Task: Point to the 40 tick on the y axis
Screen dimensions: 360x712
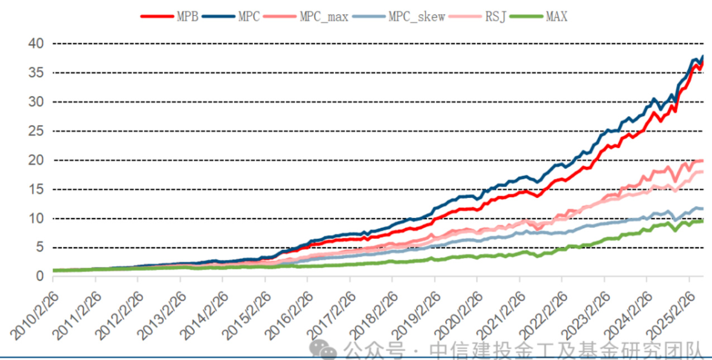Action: pyautogui.click(x=35, y=44)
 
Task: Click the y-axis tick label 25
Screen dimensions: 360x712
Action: pyautogui.click(x=35, y=131)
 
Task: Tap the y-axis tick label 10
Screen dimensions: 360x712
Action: pyautogui.click(x=35, y=218)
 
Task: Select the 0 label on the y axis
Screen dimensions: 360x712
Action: pyautogui.click(x=39, y=276)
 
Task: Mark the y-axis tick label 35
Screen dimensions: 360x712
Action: pyautogui.click(x=35, y=73)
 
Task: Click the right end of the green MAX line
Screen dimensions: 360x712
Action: pyautogui.click(x=703, y=221)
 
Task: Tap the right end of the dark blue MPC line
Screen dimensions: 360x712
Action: pyautogui.click(x=703, y=56)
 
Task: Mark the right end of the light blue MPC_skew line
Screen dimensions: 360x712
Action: pyautogui.click(x=703, y=209)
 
